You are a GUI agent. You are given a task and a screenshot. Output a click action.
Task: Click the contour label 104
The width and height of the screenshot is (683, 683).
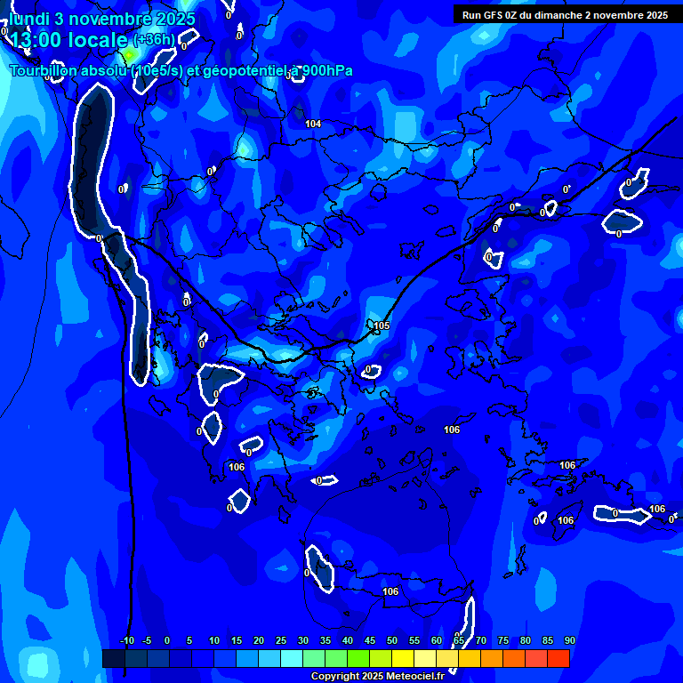click(313, 124)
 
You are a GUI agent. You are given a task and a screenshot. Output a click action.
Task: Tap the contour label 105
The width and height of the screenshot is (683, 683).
click(382, 325)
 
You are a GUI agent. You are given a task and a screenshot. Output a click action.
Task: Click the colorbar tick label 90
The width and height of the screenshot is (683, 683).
click(569, 640)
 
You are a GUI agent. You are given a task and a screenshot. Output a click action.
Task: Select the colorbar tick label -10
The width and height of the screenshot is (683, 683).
click(127, 640)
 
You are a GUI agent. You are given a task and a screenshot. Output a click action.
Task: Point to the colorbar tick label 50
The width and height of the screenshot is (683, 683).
click(392, 640)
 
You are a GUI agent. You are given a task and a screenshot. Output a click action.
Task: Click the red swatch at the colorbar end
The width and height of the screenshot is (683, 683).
click(558, 658)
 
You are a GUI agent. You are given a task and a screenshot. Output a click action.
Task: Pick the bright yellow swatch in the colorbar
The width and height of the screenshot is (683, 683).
click(403, 658)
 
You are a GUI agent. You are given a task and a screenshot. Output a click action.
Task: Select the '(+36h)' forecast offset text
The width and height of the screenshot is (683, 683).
click(155, 40)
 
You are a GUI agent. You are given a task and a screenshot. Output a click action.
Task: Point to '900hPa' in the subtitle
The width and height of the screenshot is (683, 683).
click(325, 71)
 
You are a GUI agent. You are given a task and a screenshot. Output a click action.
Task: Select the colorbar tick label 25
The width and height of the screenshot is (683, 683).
click(281, 640)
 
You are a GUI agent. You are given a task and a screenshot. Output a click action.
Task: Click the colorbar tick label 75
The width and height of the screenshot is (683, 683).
click(503, 640)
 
